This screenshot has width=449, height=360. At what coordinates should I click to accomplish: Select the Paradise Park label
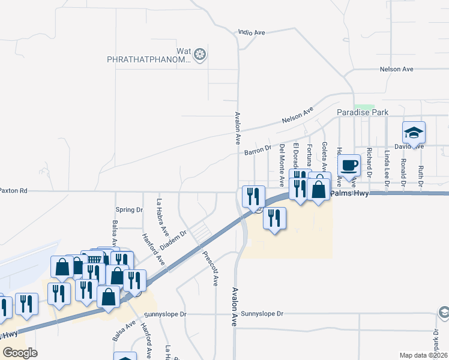coord(362,112)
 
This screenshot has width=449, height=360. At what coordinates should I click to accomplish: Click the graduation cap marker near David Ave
coord(414,133)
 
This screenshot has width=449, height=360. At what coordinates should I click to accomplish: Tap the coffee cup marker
coord(349,165)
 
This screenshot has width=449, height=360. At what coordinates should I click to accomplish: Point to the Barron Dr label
coord(258,150)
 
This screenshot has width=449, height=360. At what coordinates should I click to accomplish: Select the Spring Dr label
coord(129,209)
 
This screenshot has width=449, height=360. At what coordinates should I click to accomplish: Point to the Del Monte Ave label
coord(282,164)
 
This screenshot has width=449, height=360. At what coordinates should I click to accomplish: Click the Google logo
coord(20,352)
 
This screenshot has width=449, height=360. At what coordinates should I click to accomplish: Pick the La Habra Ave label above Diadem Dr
coord(161,217)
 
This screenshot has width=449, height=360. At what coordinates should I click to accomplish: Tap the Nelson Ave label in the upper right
coord(397,70)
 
